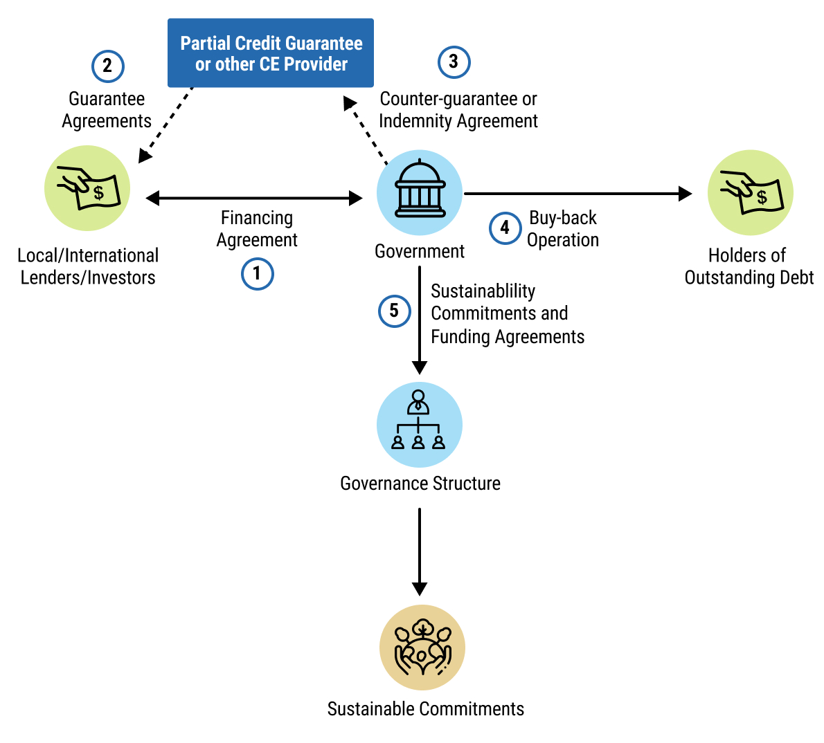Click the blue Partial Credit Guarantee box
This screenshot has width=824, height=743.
271,53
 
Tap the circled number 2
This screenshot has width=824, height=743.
107,66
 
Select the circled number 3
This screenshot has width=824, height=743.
454,62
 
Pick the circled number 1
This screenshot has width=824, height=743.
257,274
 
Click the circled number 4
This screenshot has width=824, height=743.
505,228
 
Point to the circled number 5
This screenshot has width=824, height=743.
394,311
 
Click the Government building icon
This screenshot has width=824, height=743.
420,192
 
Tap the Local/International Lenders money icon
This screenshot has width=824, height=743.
87,188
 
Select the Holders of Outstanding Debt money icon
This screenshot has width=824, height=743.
750,192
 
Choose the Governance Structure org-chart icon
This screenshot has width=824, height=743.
419,424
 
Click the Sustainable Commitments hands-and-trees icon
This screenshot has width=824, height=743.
422,648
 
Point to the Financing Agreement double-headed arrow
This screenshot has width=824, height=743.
254,199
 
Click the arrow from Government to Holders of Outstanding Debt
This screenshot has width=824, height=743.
578,194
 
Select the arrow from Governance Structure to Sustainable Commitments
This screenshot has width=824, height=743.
420,551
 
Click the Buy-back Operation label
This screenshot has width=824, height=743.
563,229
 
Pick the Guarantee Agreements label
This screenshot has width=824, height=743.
107,110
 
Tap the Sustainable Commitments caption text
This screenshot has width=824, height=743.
425,709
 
